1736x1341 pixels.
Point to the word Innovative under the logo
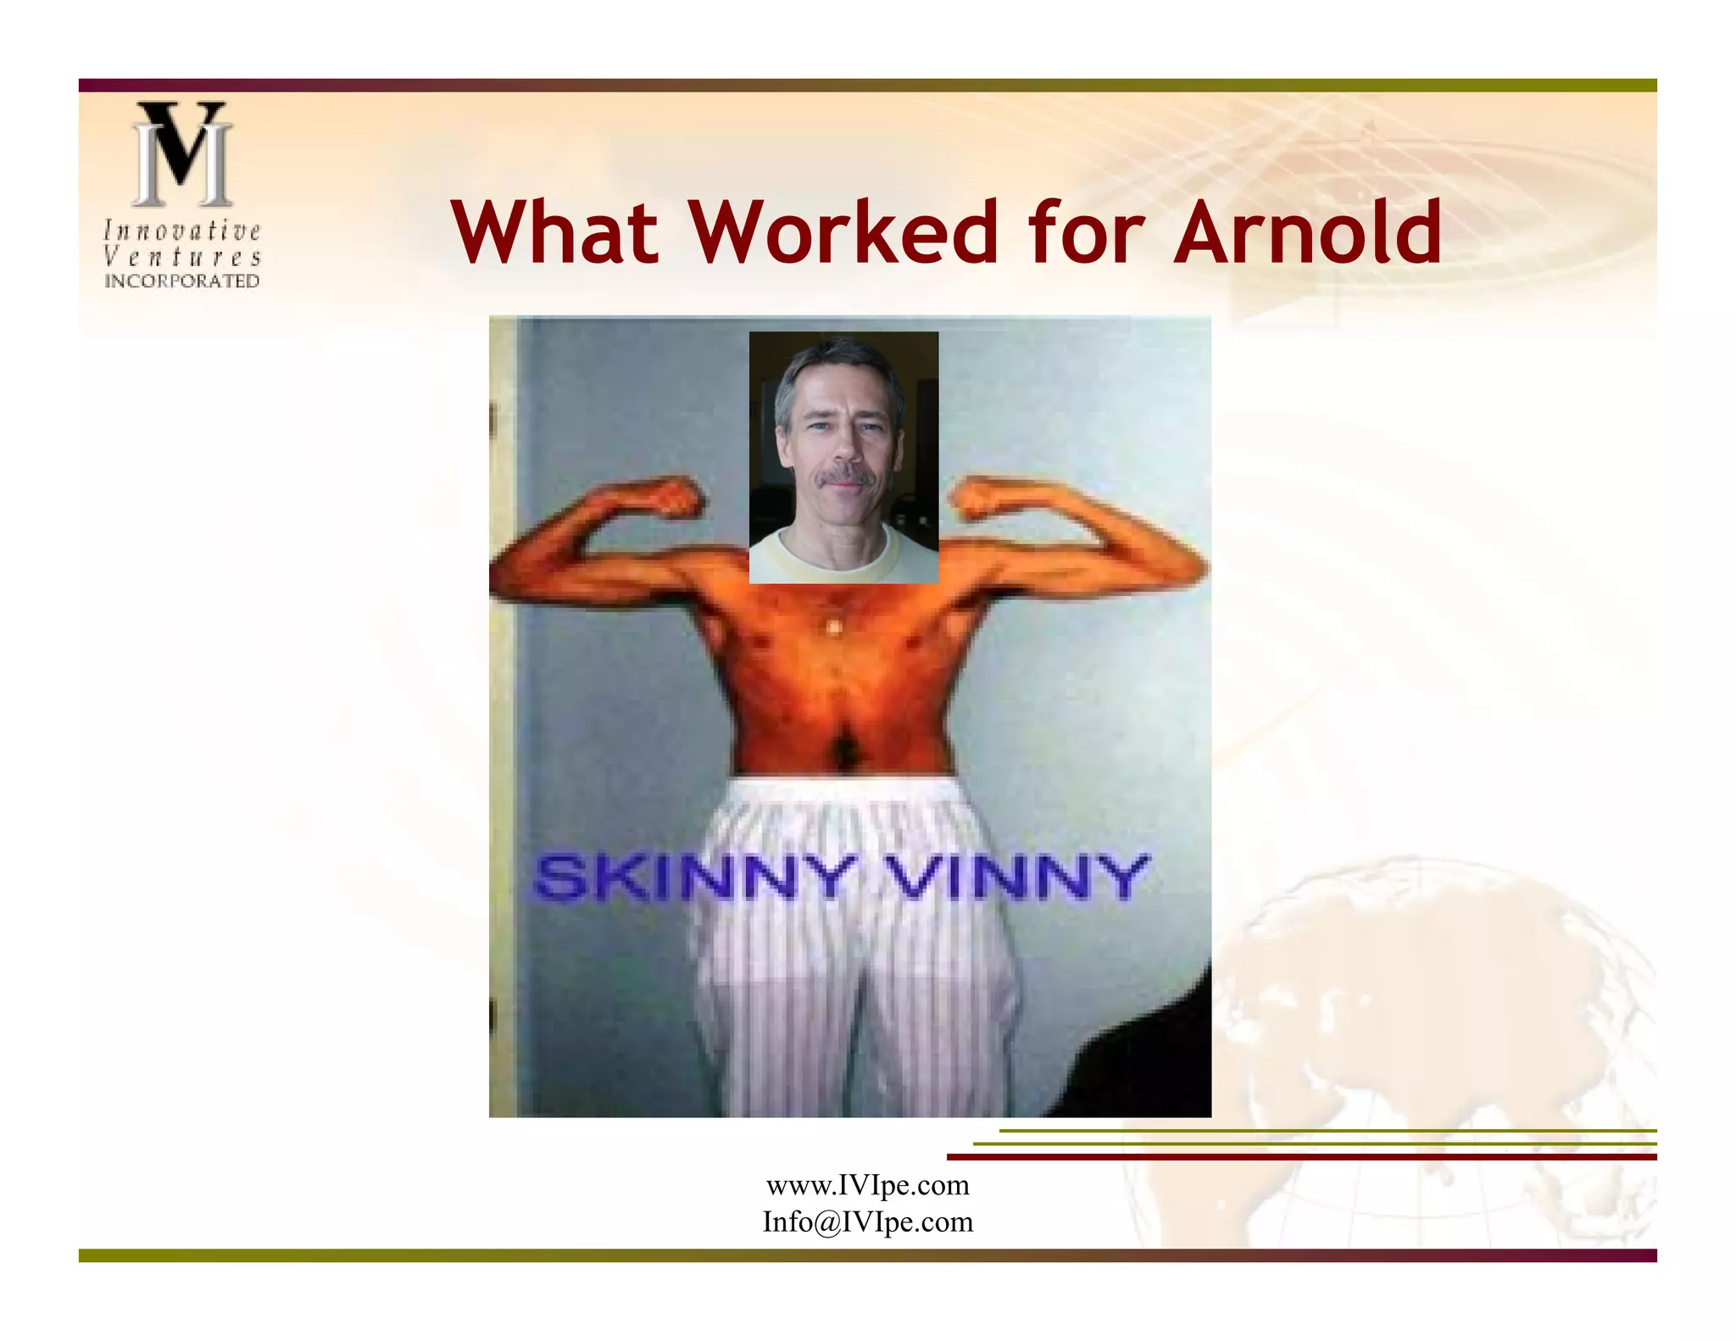point(181,231)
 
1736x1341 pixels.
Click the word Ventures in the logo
point(181,256)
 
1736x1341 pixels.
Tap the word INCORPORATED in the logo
point(181,281)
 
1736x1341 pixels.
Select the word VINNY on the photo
point(1021,877)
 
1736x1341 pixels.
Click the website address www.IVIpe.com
point(867,1185)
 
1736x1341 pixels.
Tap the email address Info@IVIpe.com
point(867,1222)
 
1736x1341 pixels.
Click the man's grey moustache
point(844,477)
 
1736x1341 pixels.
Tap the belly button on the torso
point(844,748)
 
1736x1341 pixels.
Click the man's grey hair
point(835,360)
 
